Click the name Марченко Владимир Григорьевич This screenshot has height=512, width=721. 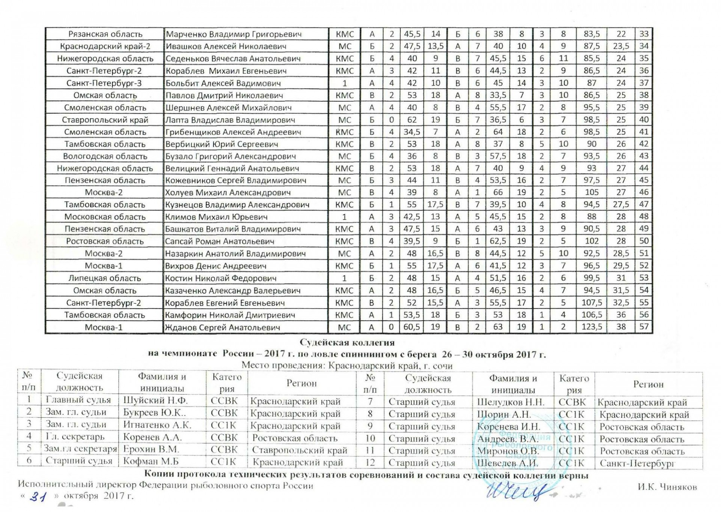point(234,34)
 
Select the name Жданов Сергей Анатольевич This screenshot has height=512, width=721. point(223,327)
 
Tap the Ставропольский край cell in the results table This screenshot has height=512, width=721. point(105,120)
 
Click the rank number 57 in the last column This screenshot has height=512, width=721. point(644,327)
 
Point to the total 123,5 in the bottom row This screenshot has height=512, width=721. point(591,327)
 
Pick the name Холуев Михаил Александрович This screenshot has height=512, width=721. point(228,193)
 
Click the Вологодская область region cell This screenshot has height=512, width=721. point(105,156)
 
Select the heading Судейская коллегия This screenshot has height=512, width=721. point(347,342)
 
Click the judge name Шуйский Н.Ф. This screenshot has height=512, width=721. point(155,401)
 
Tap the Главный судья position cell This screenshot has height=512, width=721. point(78,400)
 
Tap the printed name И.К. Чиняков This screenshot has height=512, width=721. point(667,487)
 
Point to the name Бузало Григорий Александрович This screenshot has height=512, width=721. point(231,156)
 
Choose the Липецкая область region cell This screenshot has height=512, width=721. point(105,278)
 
